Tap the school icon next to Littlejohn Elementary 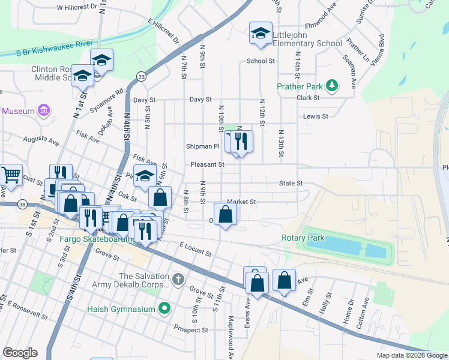261,35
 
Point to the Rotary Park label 303,238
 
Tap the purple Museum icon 43,111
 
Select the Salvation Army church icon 178,280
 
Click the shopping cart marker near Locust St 10,175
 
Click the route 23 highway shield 141,76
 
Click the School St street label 261,61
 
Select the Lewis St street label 316,116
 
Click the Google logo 20,352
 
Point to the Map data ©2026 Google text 411,355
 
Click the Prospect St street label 190,329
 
